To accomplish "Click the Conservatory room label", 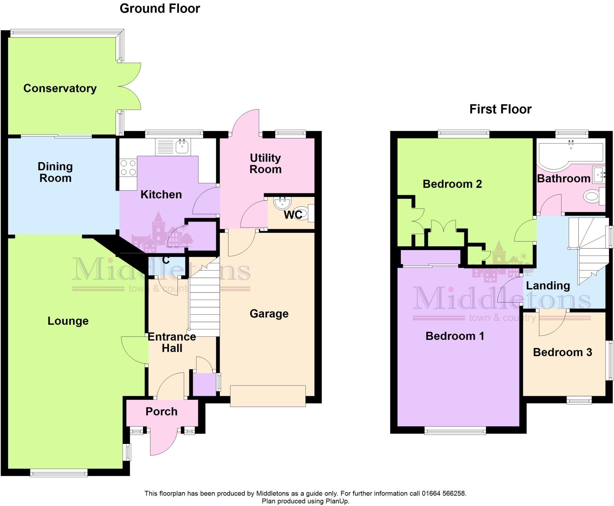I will [x=60, y=88].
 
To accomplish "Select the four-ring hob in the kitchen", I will [x=128, y=168].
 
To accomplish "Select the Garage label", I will [x=269, y=314].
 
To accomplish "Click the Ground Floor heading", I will [x=160, y=8].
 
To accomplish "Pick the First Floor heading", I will [x=500, y=109].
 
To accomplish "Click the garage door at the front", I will [x=268, y=396].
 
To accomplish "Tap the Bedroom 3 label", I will [x=562, y=352].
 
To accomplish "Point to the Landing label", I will [x=548, y=286].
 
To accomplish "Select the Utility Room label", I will [x=265, y=163].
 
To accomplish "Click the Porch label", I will [x=161, y=412].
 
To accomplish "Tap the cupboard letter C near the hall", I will [x=166, y=260].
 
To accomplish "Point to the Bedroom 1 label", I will [x=455, y=336].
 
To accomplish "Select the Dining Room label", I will [x=55, y=172].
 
